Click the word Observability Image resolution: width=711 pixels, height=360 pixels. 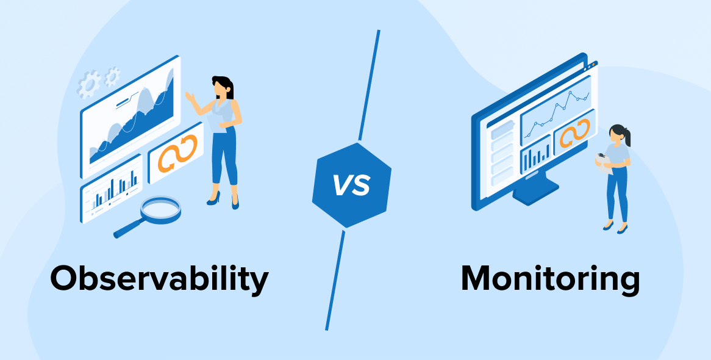pos(159,279)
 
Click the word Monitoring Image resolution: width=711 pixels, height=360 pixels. pos(550,279)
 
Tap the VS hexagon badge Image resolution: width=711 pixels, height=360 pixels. pos(351,185)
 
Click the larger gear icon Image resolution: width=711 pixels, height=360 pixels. pos(90,84)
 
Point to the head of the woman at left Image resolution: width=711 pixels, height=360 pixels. pos(221,87)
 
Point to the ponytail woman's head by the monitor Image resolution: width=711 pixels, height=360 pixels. pos(618,134)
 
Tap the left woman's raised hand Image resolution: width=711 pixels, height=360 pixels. pos(190,96)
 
